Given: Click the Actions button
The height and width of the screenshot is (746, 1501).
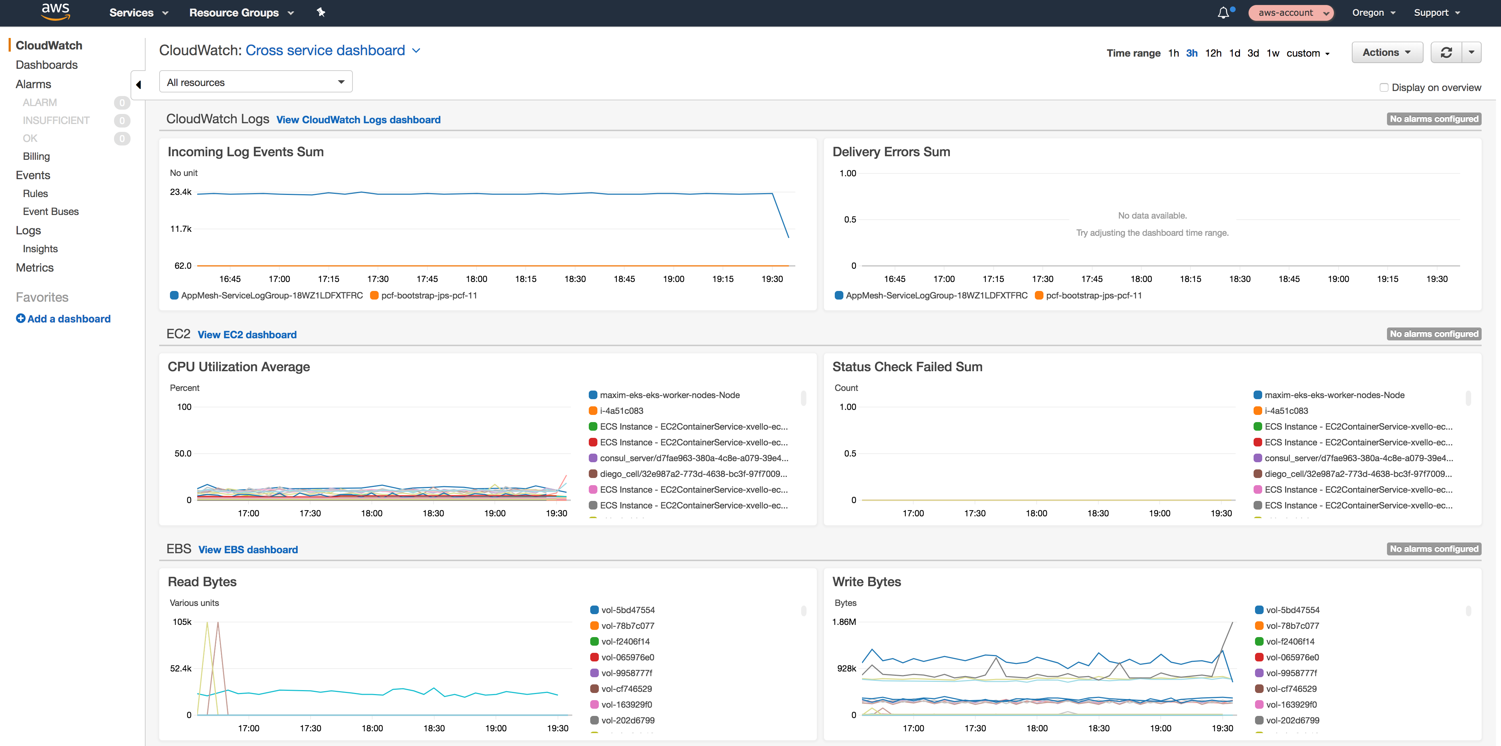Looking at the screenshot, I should coord(1386,52).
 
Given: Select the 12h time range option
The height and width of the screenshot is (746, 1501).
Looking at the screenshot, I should coord(1213,53).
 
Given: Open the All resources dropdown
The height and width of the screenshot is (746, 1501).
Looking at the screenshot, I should coord(255,82).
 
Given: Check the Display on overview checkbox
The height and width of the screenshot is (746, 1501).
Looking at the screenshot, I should coord(1383,87).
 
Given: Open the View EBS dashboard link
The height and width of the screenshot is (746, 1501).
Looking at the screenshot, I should coord(248,550).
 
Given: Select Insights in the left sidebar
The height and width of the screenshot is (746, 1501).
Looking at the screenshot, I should coord(40,249).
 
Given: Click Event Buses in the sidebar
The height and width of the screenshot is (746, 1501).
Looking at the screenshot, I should coord(51,211).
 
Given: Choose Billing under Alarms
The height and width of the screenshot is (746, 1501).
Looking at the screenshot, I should coord(36,156).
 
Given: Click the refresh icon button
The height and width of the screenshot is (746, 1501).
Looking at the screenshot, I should coord(1446,52).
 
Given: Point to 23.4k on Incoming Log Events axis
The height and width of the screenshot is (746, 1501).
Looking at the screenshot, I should coord(181,192).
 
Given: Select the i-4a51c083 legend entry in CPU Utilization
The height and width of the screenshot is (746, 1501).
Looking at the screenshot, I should coord(621,411).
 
